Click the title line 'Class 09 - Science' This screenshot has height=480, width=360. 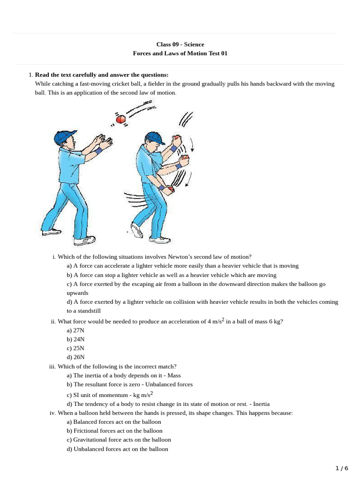pos(180,45)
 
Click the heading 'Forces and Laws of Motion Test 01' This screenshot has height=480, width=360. pos(180,53)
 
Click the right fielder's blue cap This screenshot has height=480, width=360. pos(154,137)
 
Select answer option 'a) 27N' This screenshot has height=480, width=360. pos(75,330)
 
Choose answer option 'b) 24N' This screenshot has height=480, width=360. pos(75,339)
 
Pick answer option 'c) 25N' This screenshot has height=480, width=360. pos(75,348)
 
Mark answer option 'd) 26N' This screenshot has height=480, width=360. pos(75,357)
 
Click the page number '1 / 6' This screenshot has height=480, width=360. pos(342,468)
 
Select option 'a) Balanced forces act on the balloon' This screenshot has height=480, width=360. pos(114,422)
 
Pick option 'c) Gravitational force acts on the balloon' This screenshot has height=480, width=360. pos(119,440)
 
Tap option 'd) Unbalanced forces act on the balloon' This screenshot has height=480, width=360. pos(117,449)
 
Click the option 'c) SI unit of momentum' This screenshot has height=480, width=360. pos(110,395)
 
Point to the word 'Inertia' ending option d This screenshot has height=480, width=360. pos(261,404)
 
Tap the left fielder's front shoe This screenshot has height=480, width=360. pos(84,241)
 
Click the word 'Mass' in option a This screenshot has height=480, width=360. pos(174,375)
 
